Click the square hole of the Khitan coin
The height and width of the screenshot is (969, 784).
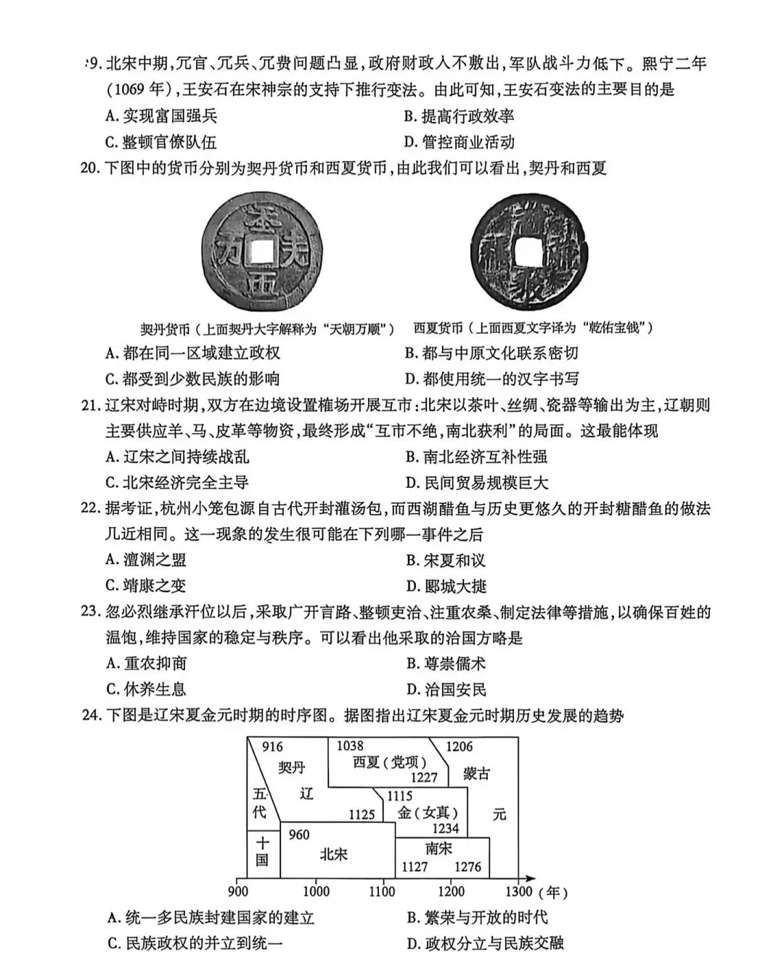point(258,251)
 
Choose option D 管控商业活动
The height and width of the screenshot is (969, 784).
point(459,142)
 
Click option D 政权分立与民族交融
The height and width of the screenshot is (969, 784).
point(484,944)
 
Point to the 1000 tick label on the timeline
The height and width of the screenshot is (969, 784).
point(316,892)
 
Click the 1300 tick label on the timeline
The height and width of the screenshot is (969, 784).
point(518,892)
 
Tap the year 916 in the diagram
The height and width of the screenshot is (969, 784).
point(272,747)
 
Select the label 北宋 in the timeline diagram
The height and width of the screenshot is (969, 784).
point(334,854)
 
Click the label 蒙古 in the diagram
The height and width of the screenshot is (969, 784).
point(477,774)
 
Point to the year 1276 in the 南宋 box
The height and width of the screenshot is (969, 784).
point(467,867)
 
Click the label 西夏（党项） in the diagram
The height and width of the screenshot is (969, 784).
point(389,762)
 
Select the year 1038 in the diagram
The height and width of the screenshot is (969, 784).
point(350,746)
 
